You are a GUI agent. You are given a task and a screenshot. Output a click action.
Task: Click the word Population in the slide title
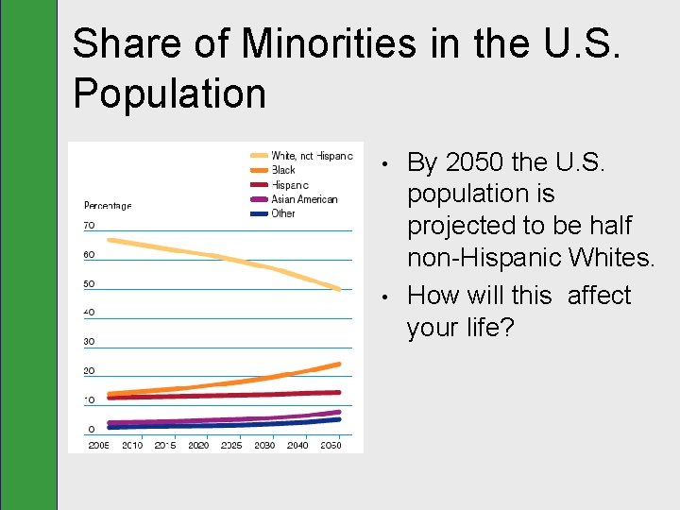pos(169,93)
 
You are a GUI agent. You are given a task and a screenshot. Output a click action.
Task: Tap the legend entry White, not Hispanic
pos(312,156)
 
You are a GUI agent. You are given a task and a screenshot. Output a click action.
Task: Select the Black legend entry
pos(283,170)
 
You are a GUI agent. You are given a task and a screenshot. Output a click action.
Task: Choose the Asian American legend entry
pos(304,199)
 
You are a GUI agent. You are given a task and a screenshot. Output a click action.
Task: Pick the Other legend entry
pos(283,213)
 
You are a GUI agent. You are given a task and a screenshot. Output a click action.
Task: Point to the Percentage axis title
pos(108,205)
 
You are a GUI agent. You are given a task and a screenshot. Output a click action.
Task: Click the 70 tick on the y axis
pos(89,226)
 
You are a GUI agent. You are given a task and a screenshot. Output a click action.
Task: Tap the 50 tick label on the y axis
pos(89,284)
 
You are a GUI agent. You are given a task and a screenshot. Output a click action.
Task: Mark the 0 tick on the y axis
pos(92,430)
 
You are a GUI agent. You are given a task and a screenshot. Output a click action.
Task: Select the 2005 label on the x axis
pos(98,446)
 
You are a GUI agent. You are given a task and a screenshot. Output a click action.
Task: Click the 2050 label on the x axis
pos(331,446)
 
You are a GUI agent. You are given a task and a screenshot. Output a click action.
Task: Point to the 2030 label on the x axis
pos(264,446)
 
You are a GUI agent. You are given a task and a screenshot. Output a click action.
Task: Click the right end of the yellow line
pos(339,289)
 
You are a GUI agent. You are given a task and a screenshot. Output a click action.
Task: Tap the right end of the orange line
pos(339,364)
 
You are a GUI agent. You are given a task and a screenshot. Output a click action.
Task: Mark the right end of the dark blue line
pos(339,419)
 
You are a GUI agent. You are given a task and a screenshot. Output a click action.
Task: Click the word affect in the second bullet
pos(599,296)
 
